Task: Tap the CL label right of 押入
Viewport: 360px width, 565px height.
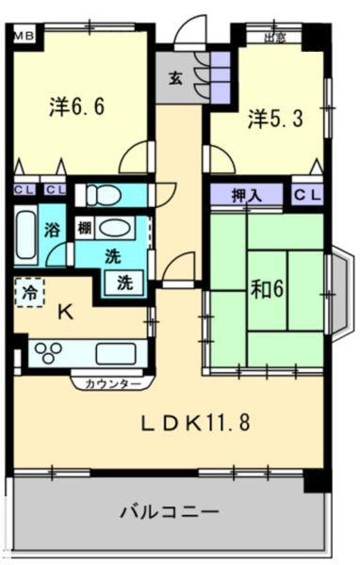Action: tap(306, 195)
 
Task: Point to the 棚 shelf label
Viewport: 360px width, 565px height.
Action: tap(84, 229)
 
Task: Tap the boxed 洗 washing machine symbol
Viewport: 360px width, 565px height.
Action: tap(123, 280)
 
